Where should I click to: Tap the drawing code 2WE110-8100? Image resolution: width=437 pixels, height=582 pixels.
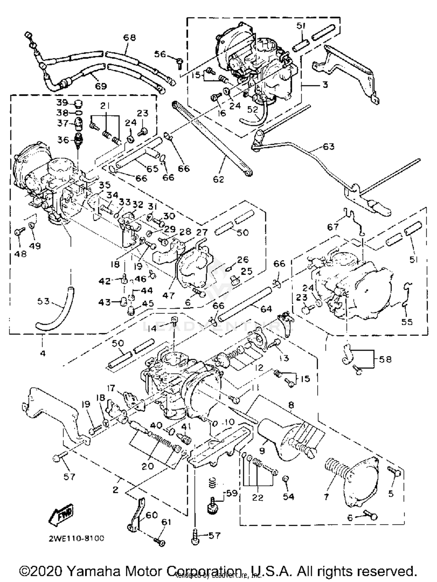pyautogui.click(x=76, y=538)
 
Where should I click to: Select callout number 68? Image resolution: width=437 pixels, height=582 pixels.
pyautogui.click(x=129, y=38)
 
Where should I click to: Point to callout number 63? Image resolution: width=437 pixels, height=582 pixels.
pyautogui.click(x=328, y=147)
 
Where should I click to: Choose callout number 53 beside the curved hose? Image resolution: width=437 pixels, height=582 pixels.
pyautogui.click(x=43, y=301)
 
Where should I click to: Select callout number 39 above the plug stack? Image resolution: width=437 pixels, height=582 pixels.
pyautogui.click(x=62, y=103)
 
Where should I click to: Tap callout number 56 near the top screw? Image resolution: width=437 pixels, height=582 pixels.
pyautogui.click(x=160, y=54)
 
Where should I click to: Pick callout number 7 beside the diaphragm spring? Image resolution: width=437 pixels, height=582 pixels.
pyautogui.click(x=326, y=497)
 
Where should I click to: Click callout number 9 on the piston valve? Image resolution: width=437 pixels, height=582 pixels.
pyautogui.click(x=262, y=451)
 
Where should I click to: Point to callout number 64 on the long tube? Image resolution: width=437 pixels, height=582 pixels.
pyautogui.click(x=266, y=309)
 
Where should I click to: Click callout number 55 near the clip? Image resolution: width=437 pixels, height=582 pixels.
pyautogui.click(x=407, y=322)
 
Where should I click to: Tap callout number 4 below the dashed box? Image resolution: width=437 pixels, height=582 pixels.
pyautogui.click(x=43, y=353)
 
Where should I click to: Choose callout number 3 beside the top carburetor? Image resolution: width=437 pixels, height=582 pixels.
pyautogui.click(x=325, y=85)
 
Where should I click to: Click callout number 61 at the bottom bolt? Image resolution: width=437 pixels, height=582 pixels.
pyautogui.click(x=166, y=522)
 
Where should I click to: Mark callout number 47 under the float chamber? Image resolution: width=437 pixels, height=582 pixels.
pyautogui.click(x=168, y=295)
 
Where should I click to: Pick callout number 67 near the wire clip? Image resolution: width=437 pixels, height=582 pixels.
pyautogui.click(x=333, y=227)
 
